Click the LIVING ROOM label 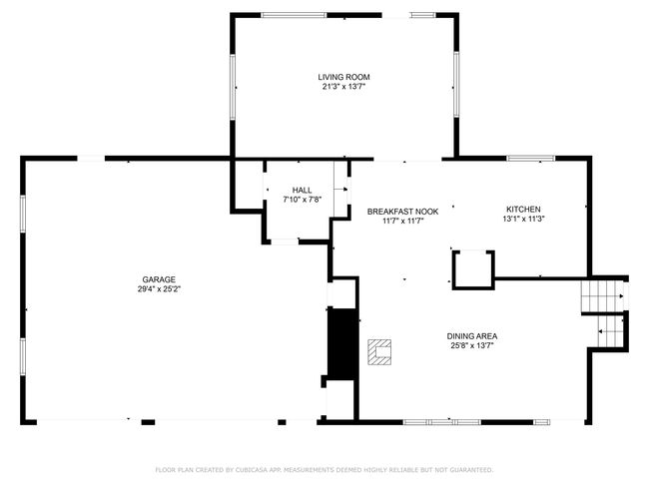pos(343,77)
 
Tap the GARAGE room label pos(159,279)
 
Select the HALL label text pos(303,191)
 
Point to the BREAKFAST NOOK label pos(402,212)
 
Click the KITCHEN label pos(523,210)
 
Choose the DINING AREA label pos(472,336)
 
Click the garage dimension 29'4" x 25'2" pos(160,289)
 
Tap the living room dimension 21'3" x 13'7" pos(343,87)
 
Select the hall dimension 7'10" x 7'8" pos(303,200)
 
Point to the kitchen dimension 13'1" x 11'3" pos(523,219)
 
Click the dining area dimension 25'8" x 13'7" pos(472,346)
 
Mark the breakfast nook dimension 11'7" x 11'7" pos(402,221)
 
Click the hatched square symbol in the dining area pos(379,352)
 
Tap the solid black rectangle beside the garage pos(342,344)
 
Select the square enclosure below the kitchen pos(473,270)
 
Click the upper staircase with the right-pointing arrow pos(603,296)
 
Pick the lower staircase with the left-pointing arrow pos(610,331)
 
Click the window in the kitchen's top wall pos(531,158)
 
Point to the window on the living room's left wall pos(233,87)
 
